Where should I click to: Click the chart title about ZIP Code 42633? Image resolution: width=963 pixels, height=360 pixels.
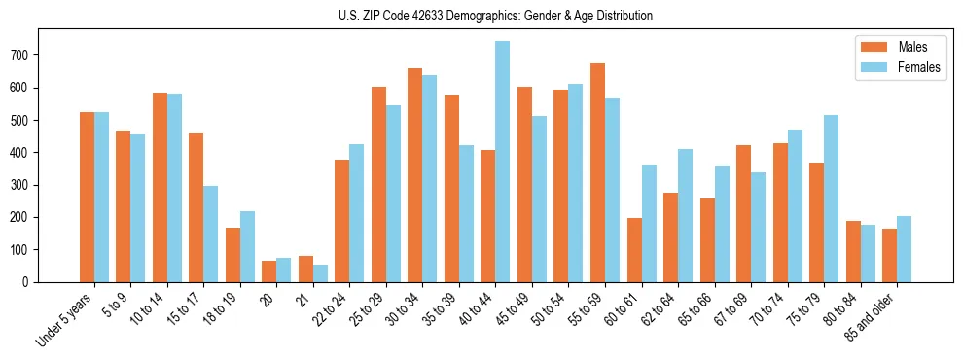click(481, 16)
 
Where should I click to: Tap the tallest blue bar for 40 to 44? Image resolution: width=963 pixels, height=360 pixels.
click(502, 162)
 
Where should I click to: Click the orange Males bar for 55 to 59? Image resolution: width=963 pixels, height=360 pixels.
click(597, 172)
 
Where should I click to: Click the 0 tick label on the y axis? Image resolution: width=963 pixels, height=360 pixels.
click(29, 282)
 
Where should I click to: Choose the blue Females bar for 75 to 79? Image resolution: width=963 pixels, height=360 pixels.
click(831, 198)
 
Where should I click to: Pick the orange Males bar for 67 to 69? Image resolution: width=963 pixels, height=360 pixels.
click(743, 213)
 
